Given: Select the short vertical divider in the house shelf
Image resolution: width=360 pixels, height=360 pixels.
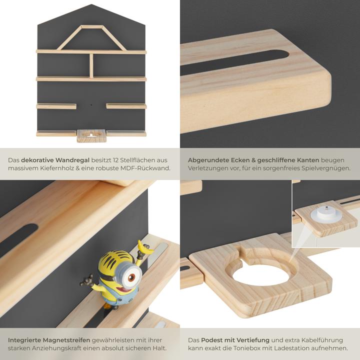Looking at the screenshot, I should click(x=91, y=65).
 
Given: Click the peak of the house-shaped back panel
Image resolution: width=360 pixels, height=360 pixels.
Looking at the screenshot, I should click(x=91, y=6).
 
